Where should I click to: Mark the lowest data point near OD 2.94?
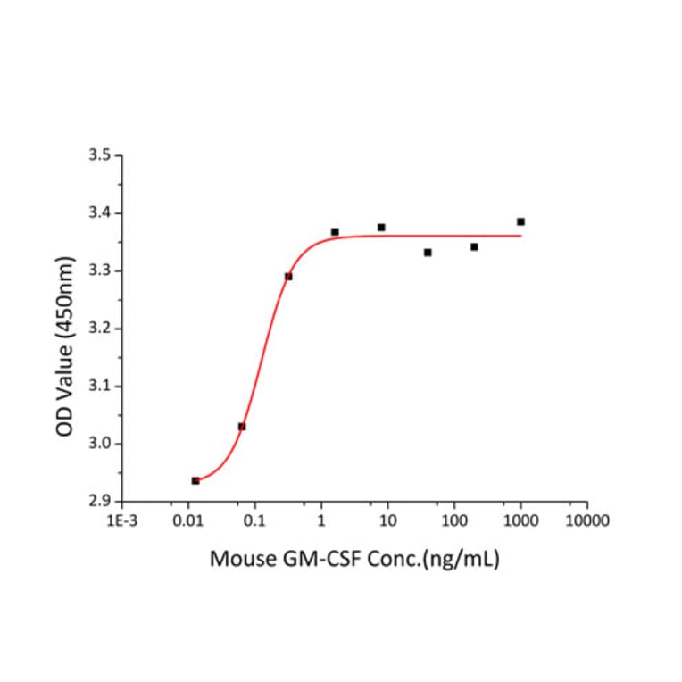195,480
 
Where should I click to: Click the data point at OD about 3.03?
242,427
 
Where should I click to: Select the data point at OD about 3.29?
288,276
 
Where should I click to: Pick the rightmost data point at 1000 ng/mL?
520,221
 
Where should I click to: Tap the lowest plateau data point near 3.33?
428,253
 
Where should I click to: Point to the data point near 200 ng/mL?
474,246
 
